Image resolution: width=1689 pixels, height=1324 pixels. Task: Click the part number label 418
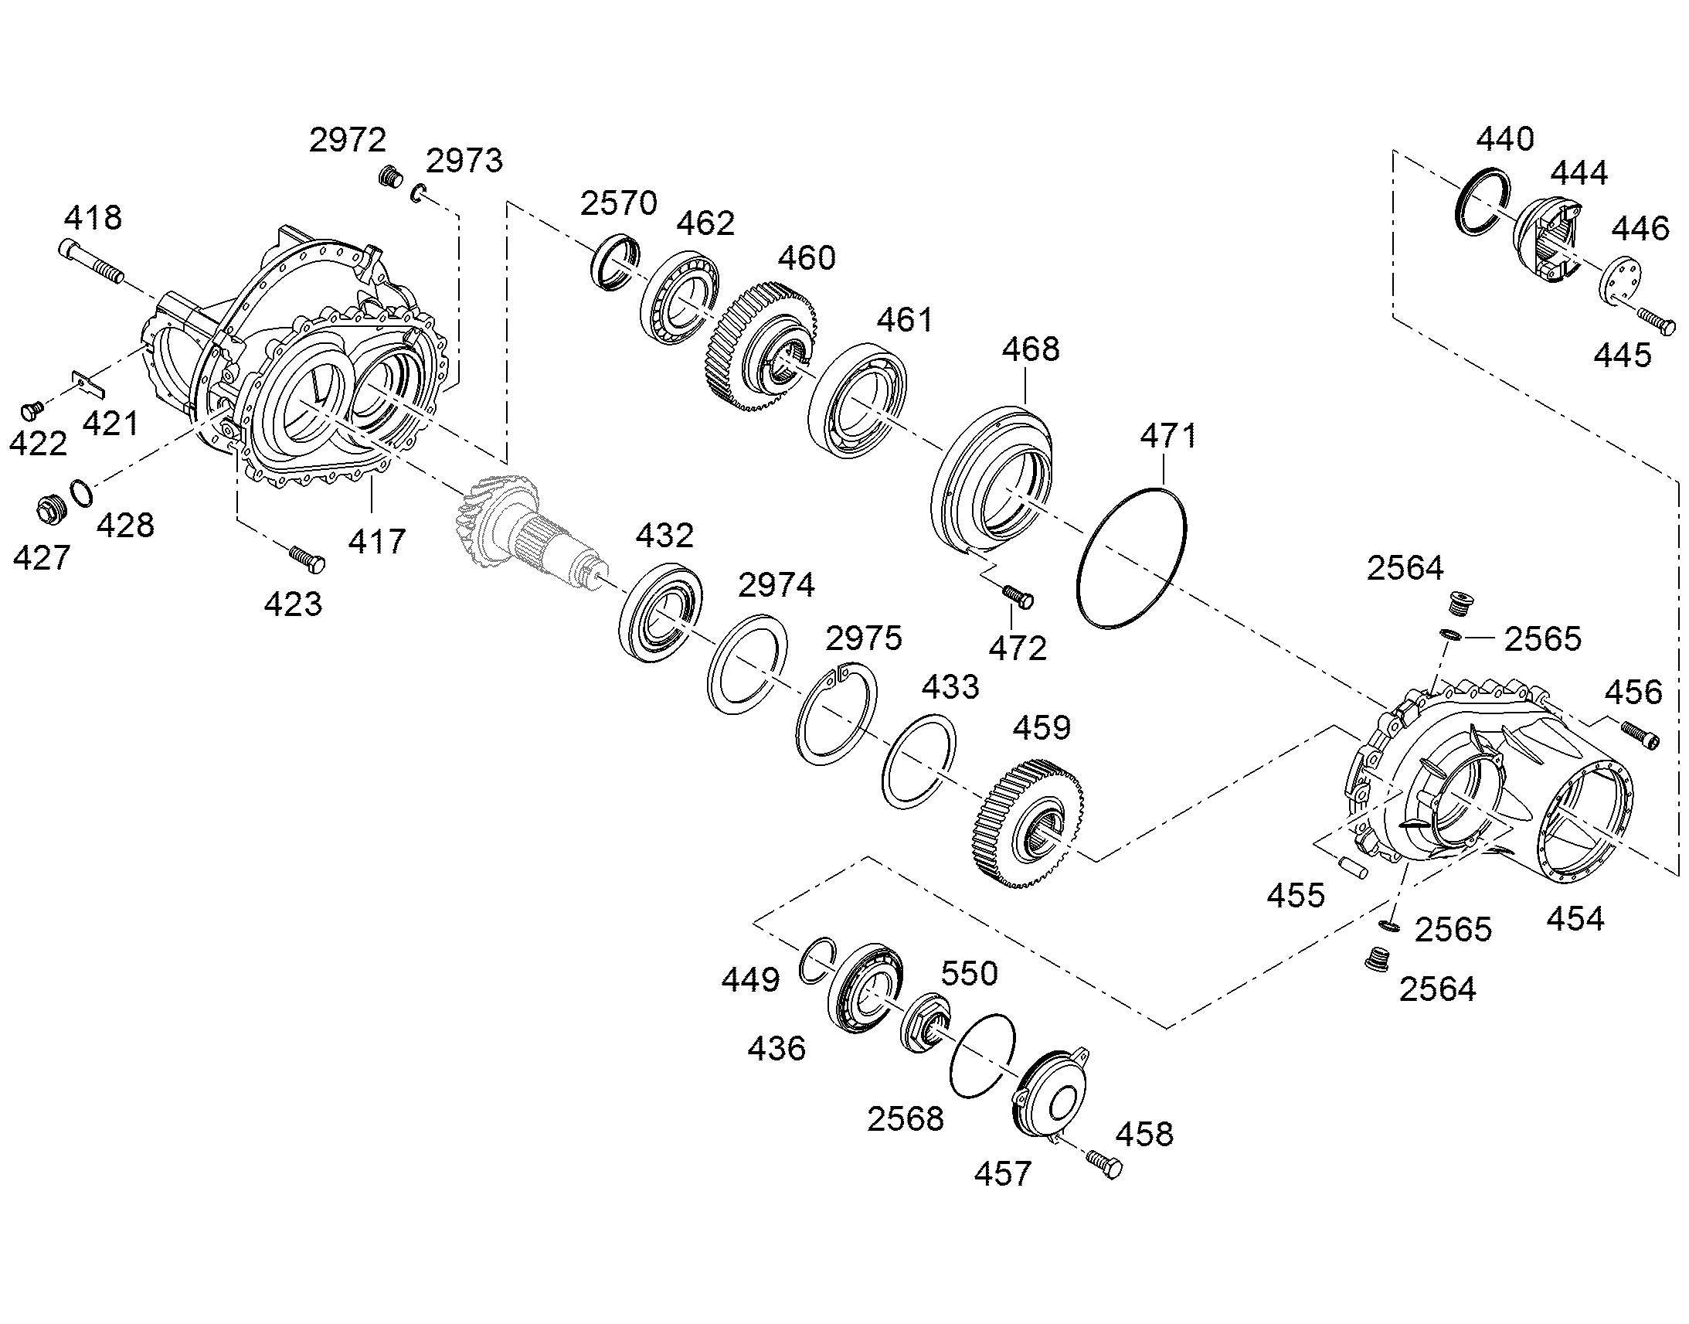[93, 218]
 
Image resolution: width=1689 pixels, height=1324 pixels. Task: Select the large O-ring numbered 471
[1131, 557]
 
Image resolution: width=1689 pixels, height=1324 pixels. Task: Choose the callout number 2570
[619, 204]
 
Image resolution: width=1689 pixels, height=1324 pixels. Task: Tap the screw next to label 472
[1018, 596]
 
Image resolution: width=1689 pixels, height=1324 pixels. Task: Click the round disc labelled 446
[1620, 281]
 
